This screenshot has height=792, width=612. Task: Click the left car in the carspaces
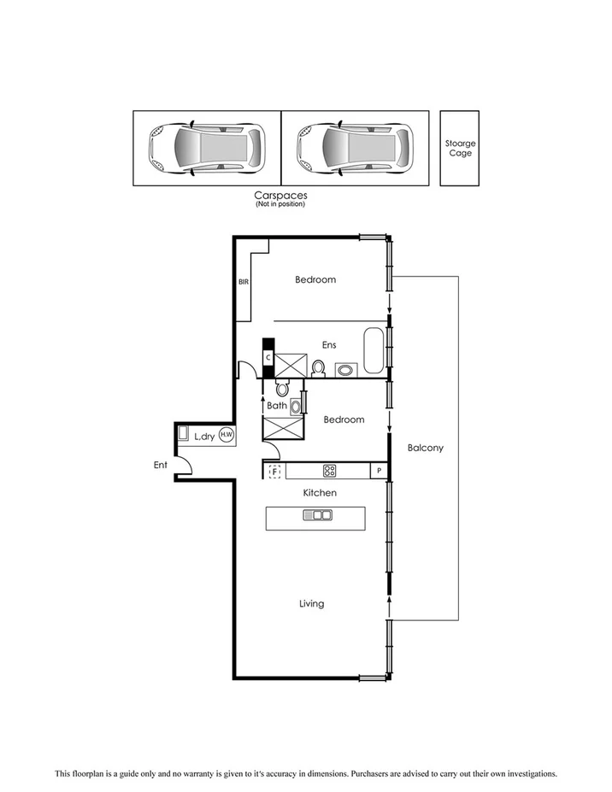(206, 147)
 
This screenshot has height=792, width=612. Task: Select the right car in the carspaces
(354, 147)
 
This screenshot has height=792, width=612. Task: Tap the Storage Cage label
(460, 148)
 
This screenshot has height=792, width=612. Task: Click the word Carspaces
(280, 196)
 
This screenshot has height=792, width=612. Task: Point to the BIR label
(243, 281)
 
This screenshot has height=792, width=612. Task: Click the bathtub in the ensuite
(374, 351)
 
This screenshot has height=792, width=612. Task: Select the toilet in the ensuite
(319, 368)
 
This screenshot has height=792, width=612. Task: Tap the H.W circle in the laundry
(227, 435)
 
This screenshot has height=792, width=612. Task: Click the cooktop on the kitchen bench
(329, 471)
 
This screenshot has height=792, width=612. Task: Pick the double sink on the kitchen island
(317, 515)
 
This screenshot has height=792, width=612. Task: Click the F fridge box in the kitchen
(275, 471)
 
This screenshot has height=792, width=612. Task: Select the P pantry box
(378, 471)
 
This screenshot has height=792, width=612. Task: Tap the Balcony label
(425, 448)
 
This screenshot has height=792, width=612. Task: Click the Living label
(311, 604)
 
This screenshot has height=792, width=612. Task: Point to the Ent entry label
(160, 466)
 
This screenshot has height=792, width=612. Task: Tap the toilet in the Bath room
(282, 389)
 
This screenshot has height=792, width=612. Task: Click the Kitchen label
(320, 493)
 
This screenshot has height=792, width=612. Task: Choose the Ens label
(328, 345)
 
